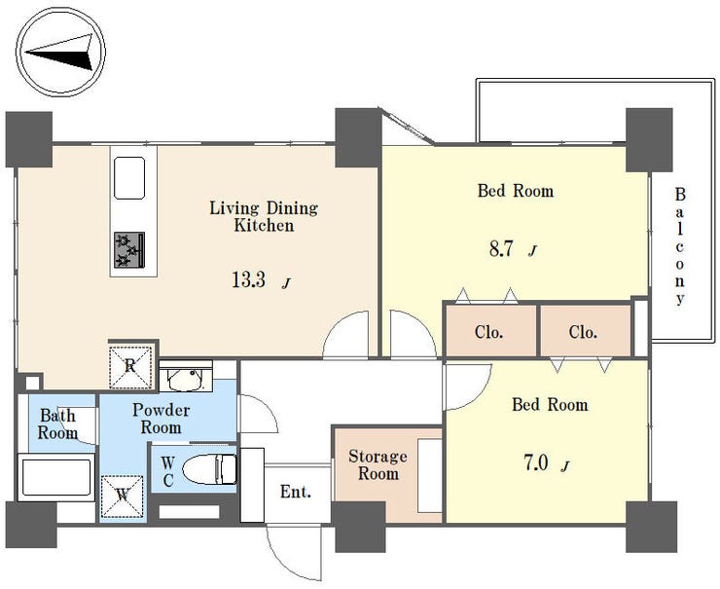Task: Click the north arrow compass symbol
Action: coord(61,51)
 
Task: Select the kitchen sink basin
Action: coord(129,178)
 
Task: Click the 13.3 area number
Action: coord(248,279)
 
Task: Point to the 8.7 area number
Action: coord(500,248)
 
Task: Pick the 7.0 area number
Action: coord(536,463)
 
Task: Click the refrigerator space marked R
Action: coord(130,367)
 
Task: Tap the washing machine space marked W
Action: coord(123,497)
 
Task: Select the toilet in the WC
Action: coord(210,469)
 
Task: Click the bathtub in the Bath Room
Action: coord(56,477)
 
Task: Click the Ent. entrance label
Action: coord(296,492)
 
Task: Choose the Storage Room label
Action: coord(378,464)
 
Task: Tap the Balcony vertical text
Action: coord(680,246)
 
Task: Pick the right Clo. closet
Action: coord(586,331)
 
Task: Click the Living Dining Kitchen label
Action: coord(264,216)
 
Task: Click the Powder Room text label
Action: coord(162,419)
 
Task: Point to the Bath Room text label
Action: coord(57,424)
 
